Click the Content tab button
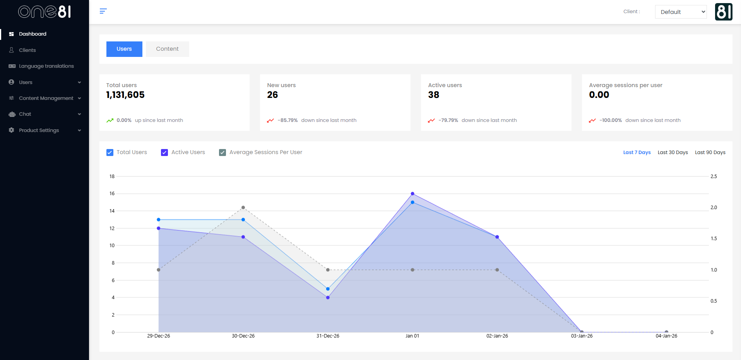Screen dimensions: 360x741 click(167, 49)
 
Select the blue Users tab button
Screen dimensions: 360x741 click(124, 49)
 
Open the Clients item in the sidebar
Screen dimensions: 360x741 click(27, 50)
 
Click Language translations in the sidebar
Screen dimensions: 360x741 click(46, 66)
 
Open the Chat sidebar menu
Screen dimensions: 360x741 click(25, 114)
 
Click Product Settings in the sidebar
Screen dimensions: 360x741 click(39, 130)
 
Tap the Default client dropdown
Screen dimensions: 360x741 click(681, 12)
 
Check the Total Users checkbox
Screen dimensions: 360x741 click(110, 153)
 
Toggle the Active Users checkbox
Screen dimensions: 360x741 click(164, 153)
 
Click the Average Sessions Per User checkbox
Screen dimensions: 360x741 click(222, 153)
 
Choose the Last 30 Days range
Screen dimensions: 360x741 click(673, 153)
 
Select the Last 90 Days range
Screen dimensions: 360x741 click(710, 153)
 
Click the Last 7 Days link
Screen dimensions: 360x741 click(637, 153)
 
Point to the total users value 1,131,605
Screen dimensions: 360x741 click(125, 95)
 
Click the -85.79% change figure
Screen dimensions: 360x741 click(288, 120)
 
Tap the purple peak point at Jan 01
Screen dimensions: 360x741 click(412, 194)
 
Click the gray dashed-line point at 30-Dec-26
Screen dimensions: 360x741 click(243, 207)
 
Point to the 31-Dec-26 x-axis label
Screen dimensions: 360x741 click(328, 336)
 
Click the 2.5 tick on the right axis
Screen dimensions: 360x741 click(714, 177)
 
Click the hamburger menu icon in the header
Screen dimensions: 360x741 click(103, 11)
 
